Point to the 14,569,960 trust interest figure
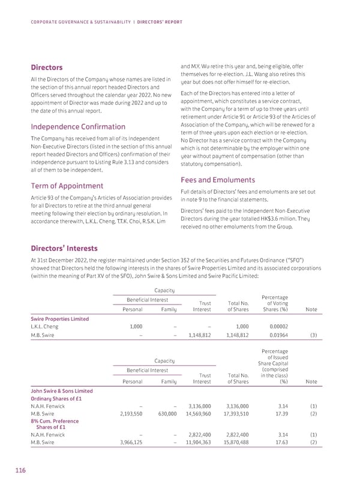195,414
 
